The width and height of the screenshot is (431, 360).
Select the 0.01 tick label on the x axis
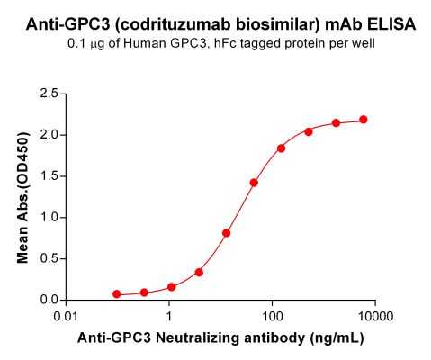(67, 318)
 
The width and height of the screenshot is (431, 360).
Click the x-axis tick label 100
(272, 318)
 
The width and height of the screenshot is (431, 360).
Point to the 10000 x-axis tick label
(374, 318)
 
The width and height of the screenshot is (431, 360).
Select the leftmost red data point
(117, 294)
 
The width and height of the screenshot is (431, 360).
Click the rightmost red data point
(364, 120)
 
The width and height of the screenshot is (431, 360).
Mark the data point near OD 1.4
(254, 183)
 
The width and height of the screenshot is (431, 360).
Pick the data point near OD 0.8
(227, 233)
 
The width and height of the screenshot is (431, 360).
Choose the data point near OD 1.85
(281, 148)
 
